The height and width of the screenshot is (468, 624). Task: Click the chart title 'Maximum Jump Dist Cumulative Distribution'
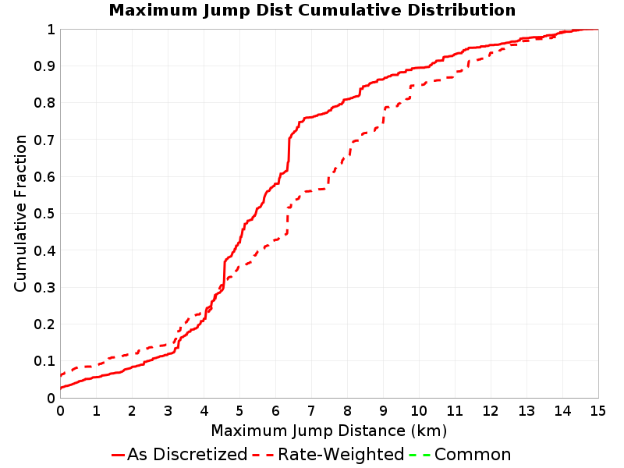coord(312,10)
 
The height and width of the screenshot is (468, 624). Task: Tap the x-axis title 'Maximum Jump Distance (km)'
coord(328,431)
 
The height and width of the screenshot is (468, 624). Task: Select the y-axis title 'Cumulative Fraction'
coord(21,213)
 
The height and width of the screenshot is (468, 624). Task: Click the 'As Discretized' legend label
coord(187,455)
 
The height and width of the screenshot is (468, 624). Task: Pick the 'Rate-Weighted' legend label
coord(341,455)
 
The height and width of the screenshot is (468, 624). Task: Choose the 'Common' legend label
coord(473,455)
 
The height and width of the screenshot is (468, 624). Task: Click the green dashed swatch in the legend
coord(420,455)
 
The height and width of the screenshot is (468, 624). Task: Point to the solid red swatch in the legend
coord(119,455)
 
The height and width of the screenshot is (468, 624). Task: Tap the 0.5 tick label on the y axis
coord(44,214)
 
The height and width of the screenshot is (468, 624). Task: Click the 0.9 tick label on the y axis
coord(44,66)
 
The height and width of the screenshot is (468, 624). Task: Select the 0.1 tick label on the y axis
coord(44,361)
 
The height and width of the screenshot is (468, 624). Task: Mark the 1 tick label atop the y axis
coord(51,30)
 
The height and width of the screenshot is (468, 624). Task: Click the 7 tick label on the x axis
coord(311,411)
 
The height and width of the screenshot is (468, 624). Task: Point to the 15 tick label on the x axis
coord(597,411)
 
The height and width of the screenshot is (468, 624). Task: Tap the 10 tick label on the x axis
coord(419,411)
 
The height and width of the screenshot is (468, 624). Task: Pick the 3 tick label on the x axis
coord(168,411)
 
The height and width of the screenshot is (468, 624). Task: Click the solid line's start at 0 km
coord(61,388)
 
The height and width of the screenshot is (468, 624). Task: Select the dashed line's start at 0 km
coord(61,375)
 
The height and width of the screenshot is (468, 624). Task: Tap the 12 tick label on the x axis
coord(491,411)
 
